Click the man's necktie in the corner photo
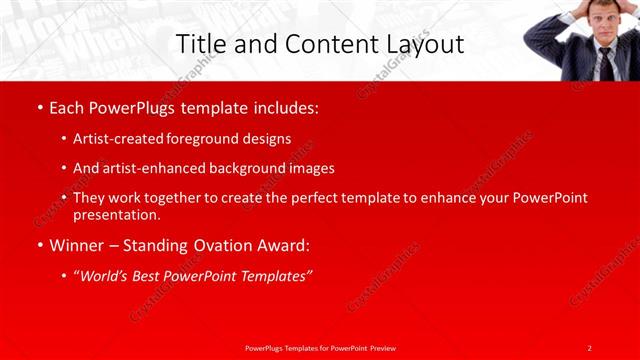[x=605, y=62]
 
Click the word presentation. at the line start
[x=117, y=214]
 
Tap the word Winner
[x=76, y=245]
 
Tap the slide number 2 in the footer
[x=590, y=347]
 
